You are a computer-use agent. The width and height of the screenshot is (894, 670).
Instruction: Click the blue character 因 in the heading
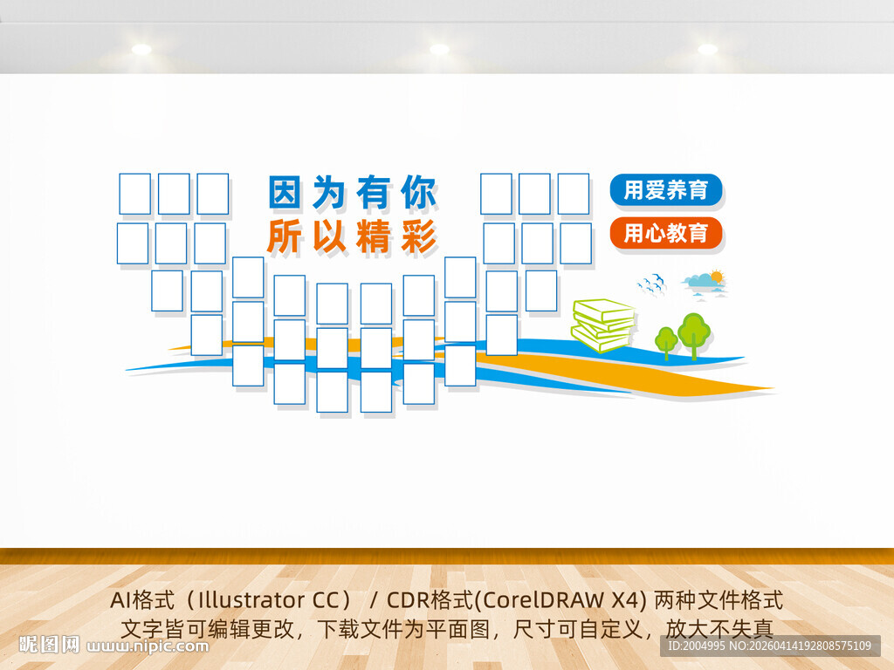coord(285,193)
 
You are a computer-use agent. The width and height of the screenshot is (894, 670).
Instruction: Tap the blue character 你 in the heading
coord(418,193)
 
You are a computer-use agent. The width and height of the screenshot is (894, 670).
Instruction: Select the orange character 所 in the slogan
coord(285,236)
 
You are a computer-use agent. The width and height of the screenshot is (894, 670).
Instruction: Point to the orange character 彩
coord(418,236)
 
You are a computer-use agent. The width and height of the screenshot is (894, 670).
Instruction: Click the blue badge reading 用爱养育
coord(666,190)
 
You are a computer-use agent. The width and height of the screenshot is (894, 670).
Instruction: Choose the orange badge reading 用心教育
coord(666,233)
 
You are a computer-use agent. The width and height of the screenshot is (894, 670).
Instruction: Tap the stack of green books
coord(602,325)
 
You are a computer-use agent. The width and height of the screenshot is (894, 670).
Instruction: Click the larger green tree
coord(694,332)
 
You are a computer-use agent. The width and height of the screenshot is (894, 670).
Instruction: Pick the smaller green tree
coord(666,339)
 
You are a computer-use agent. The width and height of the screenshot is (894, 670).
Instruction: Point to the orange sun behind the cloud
coord(717,277)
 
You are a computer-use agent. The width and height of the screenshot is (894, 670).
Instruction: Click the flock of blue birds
coord(651,283)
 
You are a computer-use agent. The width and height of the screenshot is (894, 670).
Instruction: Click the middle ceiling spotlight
coord(439,50)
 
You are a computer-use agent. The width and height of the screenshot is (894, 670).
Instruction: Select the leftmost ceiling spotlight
coord(141,50)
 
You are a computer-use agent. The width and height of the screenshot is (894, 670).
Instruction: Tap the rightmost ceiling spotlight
coord(707,50)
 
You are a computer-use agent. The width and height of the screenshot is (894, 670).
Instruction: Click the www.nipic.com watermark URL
coord(148,646)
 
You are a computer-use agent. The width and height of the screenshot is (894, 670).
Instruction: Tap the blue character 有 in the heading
coord(374,193)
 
